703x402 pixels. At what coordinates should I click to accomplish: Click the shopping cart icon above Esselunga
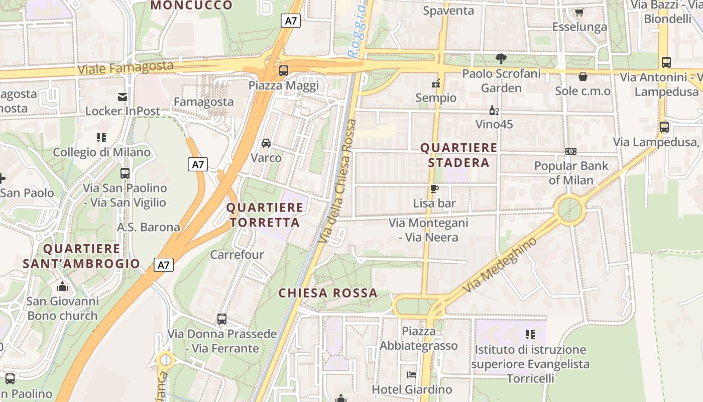pyautogui.click(x=579, y=12)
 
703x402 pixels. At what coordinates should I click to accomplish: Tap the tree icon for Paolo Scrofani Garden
pyautogui.click(x=501, y=59)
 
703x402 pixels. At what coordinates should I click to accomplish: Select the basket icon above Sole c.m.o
pyautogui.click(x=582, y=76)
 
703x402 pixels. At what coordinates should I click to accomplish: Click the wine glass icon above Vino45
pyautogui.click(x=494, y=110)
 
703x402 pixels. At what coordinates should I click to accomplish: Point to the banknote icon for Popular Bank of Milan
pyautogui.click(x=570, y=151)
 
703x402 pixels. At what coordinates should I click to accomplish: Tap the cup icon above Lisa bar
pyautogui.click(x=434, y=189)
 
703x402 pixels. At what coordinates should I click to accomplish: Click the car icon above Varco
pyautogui.click(x=266, y=143)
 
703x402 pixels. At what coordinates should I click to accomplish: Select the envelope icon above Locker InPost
pyautogui.click(x=123, y=96)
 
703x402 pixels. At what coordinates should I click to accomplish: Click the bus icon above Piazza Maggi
pyautogui.click(x=284, y=70)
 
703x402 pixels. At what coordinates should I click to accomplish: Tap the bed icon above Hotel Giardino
pyautogui.click(x=412, y=375)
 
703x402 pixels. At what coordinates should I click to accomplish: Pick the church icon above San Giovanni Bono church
pyautogui.click(x=62, y=286)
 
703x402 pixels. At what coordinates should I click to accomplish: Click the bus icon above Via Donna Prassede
pyautogui.click(x=221, y=319)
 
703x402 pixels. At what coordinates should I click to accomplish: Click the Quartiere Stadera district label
pyautogui.click(x=458, y=155)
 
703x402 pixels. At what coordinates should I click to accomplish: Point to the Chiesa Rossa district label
pyautogui.click(x=328, y=293)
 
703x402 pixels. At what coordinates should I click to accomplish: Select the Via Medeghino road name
pyautogui.click(x=499, y=265)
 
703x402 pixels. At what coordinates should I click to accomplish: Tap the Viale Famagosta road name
pyautogui.click(x=126, y=68)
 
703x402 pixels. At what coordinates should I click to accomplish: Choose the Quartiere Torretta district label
pyautogui.click(x=265, y=215)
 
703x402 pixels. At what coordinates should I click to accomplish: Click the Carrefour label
pyautogui.click(x=237, y=254)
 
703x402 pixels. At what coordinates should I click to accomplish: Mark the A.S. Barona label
pyautogui.click(x=148, y=227)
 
